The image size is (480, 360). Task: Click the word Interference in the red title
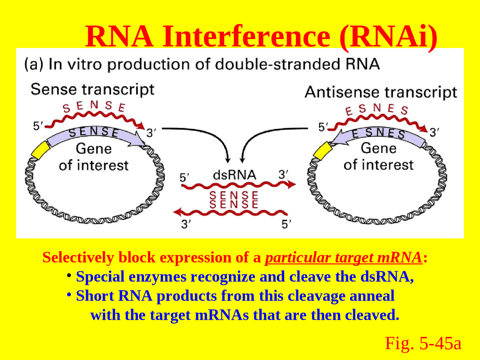pos(246,36)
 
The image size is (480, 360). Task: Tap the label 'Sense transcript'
pos(92,90)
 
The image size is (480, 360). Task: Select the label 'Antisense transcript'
pos(381,92)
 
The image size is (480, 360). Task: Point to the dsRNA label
pos(234,175)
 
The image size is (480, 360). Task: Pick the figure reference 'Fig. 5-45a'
pos(423,343)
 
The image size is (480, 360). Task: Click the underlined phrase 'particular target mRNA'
pos(343,258)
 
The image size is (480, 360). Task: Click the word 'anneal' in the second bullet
pos(372,296)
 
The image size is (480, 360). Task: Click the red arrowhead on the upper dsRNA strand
pos(291,184)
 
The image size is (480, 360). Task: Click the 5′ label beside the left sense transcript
pos(38,126)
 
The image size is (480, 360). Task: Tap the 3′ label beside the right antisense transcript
pos(434,132)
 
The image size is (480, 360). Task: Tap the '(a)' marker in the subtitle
pos(34,64)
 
